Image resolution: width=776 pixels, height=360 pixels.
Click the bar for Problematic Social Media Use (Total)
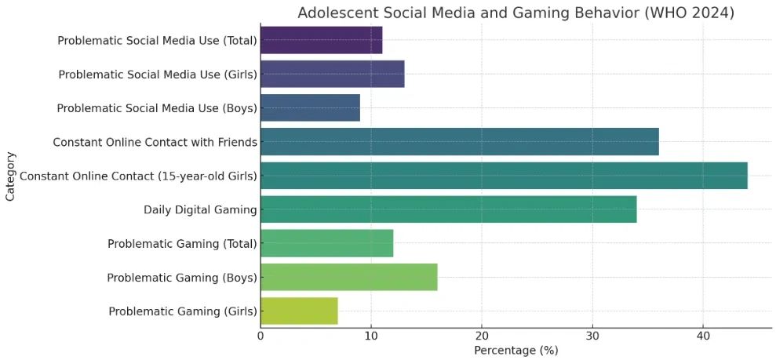321,40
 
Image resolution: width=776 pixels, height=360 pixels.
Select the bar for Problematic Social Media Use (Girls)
332,75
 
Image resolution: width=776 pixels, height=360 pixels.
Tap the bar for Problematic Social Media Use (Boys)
310,108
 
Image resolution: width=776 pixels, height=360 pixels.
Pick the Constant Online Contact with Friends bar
459,142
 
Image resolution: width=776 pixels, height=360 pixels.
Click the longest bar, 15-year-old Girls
503,176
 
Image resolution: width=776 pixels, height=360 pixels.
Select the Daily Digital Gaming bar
448,209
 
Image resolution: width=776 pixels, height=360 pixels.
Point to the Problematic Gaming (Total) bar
326,243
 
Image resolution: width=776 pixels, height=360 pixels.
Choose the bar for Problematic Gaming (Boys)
348,277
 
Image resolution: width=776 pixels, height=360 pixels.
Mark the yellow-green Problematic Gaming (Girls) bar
299,311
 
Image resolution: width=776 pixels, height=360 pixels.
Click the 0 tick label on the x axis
260,336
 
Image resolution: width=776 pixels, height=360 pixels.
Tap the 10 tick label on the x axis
371,336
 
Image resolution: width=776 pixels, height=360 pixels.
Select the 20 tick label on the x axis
482,336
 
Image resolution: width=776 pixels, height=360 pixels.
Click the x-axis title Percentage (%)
516,351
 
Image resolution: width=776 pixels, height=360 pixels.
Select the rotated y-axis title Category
10,176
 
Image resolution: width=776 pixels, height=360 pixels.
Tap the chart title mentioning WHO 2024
516,13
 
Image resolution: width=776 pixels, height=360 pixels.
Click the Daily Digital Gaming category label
200,209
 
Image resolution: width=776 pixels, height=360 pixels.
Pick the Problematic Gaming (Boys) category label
182,277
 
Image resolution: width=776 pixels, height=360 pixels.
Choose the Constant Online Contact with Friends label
155,142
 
